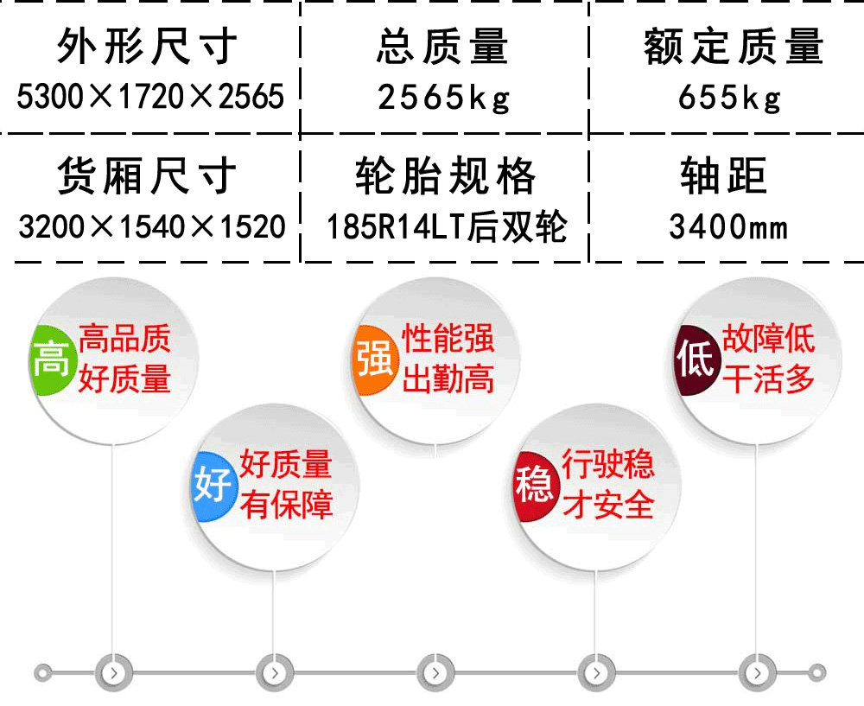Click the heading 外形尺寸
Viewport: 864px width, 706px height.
pos(147,47)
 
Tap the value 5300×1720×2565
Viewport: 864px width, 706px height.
pos(150,97)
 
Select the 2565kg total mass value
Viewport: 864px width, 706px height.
pos(444,99)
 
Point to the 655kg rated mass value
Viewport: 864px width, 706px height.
pos(729,99)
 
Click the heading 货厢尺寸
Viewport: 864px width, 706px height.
pos(147,175)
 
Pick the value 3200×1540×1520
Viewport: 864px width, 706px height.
pos(152,226)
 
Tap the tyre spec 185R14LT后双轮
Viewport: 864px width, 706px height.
pos(447,226)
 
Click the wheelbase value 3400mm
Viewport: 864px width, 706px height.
pos(728,226)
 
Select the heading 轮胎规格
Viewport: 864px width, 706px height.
pos(445,175)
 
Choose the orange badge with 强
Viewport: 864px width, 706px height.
pos(375,359)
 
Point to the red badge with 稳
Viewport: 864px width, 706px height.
pos(534,485)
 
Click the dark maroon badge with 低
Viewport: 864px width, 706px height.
pos(696,359)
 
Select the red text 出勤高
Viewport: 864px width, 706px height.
pos(448,379)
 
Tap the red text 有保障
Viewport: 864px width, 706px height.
pos(287,505)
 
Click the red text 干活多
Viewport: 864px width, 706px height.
pos(768,379)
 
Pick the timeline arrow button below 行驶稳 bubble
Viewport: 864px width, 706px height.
pos(596,672)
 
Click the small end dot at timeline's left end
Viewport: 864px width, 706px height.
pos(43,673)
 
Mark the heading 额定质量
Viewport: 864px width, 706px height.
pos(734,47)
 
